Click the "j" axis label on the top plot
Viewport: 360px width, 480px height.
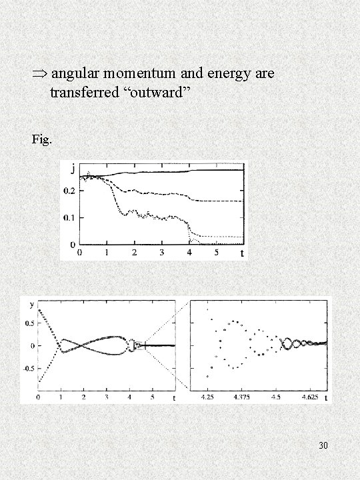tap(72, 169)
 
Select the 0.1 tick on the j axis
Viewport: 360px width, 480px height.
tap(69, 218)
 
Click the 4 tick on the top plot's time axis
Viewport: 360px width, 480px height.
tap(189, 253)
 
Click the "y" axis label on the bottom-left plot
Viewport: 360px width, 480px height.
tap(32, 304)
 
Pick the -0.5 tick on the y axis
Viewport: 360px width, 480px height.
tap(28, 367)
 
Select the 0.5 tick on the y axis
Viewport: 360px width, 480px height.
tap(30, 324)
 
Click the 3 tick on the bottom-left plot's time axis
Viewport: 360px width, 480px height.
tap(106, 398)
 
